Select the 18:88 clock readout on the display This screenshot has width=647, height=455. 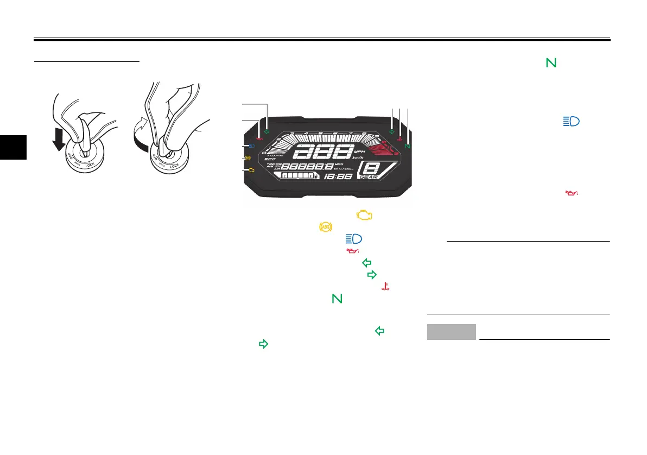(337, 177)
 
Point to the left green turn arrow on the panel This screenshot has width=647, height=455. (266, 131)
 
